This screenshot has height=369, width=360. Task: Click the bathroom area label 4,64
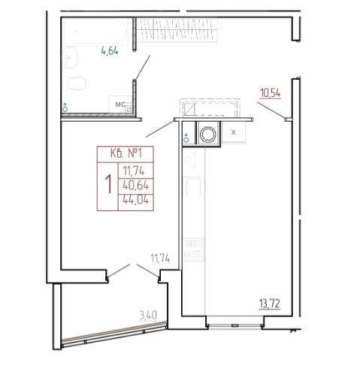tap(110, 51)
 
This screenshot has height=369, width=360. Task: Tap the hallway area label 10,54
tap(270, 93)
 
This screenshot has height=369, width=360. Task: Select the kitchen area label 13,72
tap(270, 304)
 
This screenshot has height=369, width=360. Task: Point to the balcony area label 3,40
tap(148, 315)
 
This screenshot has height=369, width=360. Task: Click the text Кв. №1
tap(126, 153)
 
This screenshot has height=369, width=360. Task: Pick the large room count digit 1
tap(108, 184)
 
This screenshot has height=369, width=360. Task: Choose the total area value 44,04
tap(136, 200)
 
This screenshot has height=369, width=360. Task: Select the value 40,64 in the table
tap(136, 186)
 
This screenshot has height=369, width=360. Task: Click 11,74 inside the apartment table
tap(134, 171)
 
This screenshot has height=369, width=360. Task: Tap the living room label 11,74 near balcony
tap(160, 258)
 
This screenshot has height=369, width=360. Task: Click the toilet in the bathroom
tap(74, 83)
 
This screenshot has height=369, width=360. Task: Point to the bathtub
tap(94, 32)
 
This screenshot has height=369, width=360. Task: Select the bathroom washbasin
tap(70, 58)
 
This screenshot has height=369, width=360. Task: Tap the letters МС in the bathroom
tap(120, 104)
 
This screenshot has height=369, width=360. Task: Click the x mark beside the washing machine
tap(234, 132)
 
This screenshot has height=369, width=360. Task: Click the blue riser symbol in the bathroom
tap(65, 108)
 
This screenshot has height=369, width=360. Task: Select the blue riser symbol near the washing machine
tap(186, 138)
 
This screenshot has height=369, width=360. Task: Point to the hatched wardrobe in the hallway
tap(177, 29)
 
